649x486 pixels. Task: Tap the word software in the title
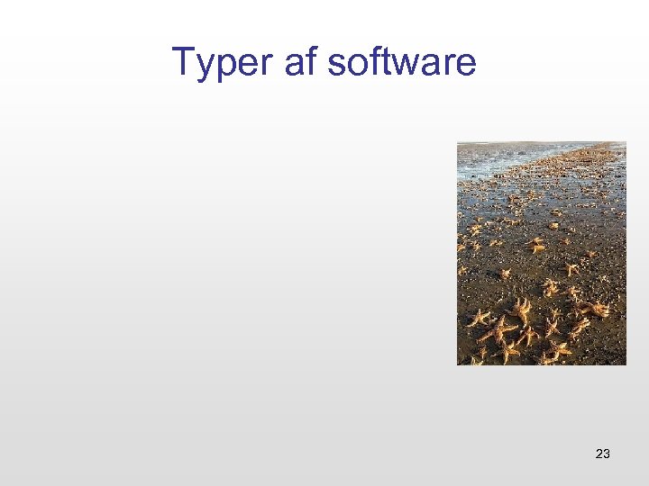pos(402,63)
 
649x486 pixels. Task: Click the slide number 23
pos(603,454)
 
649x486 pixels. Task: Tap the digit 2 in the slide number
pos(599,454)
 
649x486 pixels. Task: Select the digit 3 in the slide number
pos(607,454)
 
